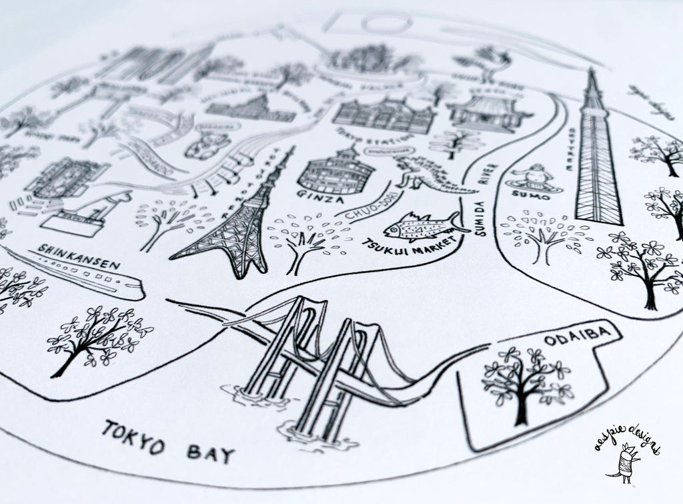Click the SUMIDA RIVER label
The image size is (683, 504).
coord(486,200)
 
